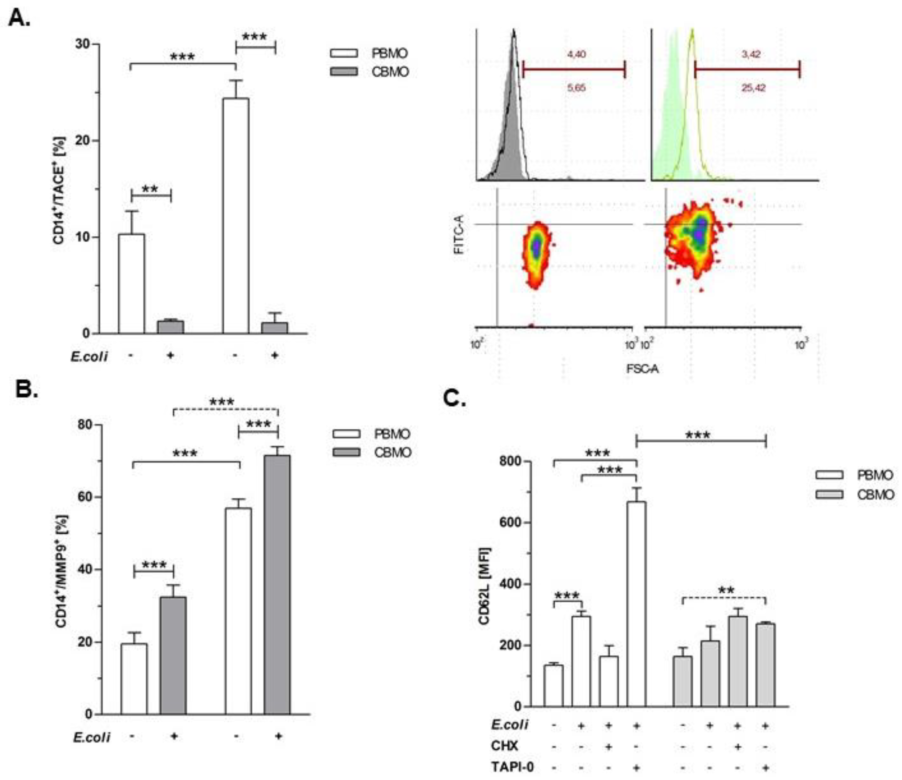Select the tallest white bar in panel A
[x=236, y=215]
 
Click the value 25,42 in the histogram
[x=753, y=88]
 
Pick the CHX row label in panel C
[x=505, y=746]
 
